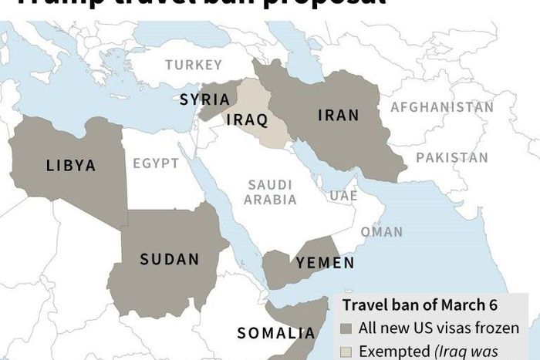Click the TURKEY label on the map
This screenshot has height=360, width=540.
[193, 66]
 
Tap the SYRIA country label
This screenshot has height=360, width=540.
[204, 99]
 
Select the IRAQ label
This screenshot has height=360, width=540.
[247, 120]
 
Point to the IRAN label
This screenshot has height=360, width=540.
[339, 116]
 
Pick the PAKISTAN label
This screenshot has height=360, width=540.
[452, 158]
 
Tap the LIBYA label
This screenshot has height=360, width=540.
[71, 165]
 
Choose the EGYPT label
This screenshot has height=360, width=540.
[155, 164]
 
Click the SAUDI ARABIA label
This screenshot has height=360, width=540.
[272, 192]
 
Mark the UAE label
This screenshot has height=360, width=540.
[343, 197]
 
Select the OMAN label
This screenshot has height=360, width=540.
[381, 231]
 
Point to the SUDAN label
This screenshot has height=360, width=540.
[170, 260]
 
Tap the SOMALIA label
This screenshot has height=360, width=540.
[276, 334]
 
